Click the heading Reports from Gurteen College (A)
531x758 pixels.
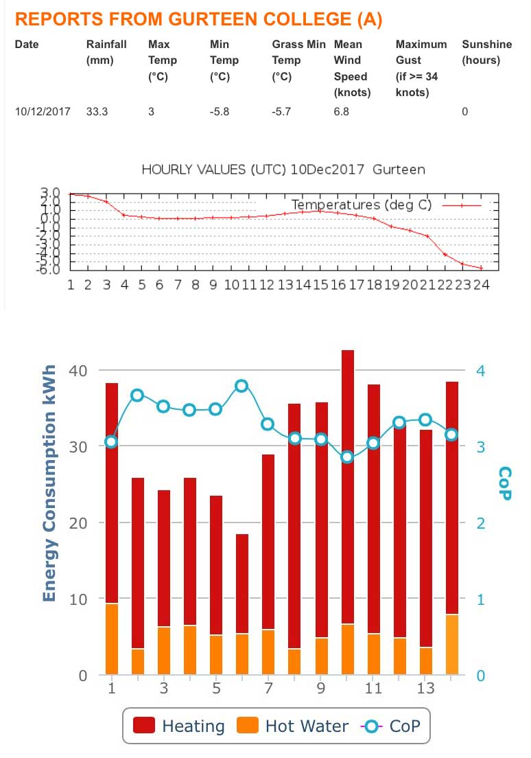click(x=198, y=19)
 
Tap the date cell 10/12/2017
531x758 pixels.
click(x=43, y=111)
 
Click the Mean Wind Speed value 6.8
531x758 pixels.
click(x=342, y=111)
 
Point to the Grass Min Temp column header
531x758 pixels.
click(x=298, y=60)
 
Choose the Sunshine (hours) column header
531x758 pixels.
click(x=486, y=52)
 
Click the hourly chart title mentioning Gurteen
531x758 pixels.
click(x=283, y=169)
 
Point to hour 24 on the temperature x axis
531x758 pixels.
click(x=482, y=284)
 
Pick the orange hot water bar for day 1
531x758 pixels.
click(x=112, y=639)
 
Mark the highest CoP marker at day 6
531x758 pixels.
click(x=241, y=386)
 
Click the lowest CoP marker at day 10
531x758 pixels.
click(x=347, y=457)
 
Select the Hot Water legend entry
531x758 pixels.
click(x=294, y=726)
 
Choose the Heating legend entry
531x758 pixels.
click(x=179, y=726)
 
